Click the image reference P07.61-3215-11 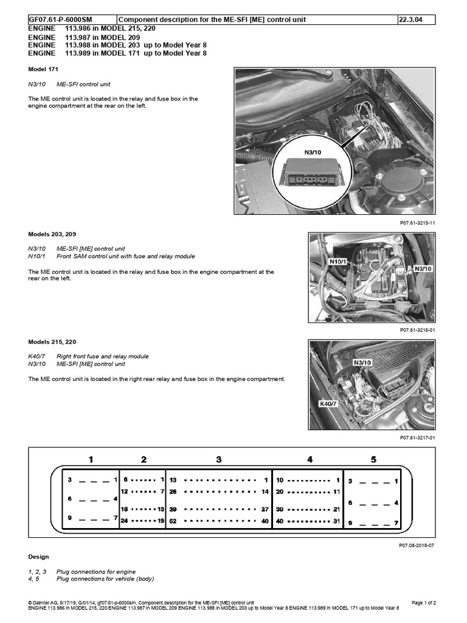418,223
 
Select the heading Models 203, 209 52,234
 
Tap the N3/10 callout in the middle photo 423,268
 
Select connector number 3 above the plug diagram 219,459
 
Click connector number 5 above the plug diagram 373,459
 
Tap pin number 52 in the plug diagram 173,521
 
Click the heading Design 39,557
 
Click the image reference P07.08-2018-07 418,546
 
